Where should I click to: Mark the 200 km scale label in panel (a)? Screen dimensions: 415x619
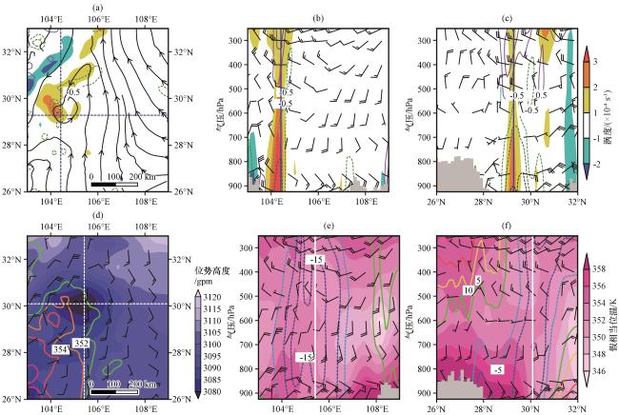click(139, 176)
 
